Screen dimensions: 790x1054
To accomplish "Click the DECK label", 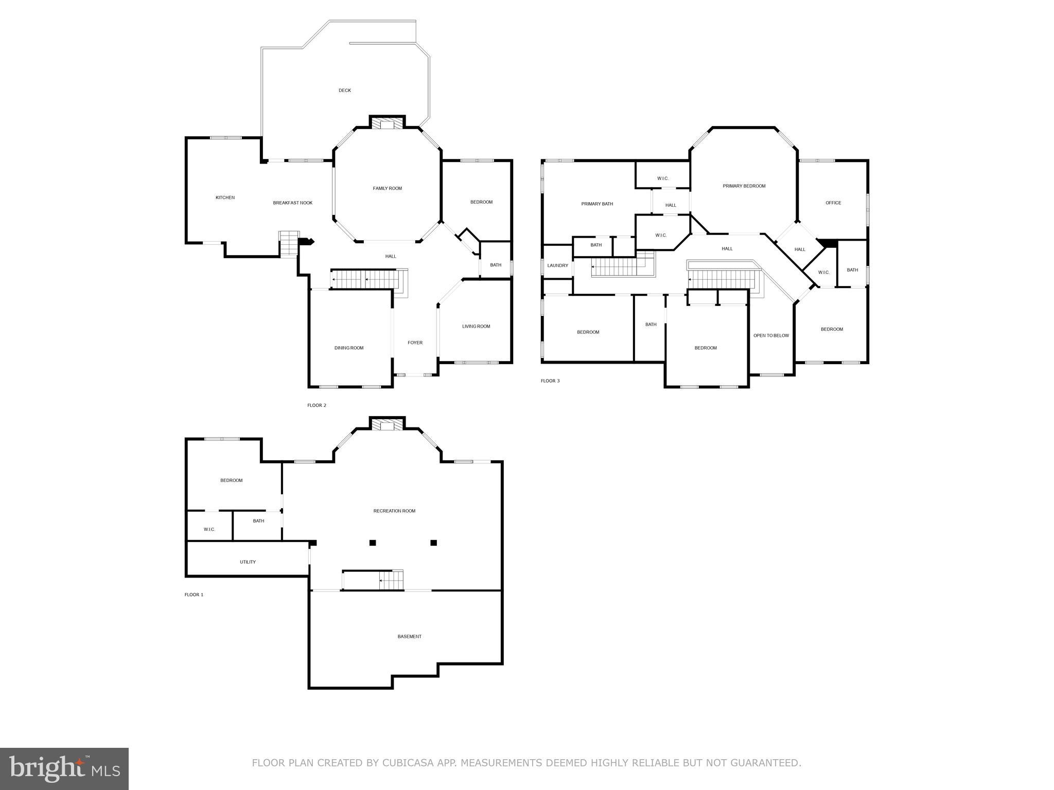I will tap(344, 91).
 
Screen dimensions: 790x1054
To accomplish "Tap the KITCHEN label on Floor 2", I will tap(225, 197).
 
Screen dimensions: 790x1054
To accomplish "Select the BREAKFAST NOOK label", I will tap(292, 203).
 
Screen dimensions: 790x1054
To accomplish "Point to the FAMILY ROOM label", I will tap(387, 189).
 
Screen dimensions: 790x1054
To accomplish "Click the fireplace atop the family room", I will tap(387, 123).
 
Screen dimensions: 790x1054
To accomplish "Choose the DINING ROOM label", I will tap(349, 348).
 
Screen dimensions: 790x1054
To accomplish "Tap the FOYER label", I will tap(415, 343).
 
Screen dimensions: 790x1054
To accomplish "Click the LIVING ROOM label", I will tap(476, 327).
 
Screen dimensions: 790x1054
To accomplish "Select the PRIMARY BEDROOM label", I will tap(744, 186).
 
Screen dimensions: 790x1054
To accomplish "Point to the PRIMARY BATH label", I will tap(597, 204).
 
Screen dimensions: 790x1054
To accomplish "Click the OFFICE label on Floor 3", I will tap(833, 203).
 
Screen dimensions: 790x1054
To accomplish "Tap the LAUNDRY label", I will tap(557, 266).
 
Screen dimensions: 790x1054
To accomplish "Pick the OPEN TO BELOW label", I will tap(770, 336).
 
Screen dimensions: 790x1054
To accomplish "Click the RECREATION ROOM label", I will tap(394, 511).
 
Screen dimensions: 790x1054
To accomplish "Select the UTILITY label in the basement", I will tap(248, 562).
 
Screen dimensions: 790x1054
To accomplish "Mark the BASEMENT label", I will tap(409, 637).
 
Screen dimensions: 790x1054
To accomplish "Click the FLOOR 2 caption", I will tap(317, 406).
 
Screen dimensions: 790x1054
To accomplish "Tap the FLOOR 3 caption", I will tap(550, 381).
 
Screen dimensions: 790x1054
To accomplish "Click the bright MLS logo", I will tap(64, 769).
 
